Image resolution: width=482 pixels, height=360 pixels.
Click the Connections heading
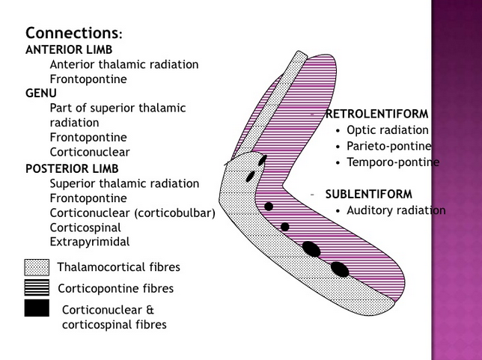73,34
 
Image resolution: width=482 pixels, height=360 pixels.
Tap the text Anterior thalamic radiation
124,64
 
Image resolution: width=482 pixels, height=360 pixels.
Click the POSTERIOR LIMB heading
72,168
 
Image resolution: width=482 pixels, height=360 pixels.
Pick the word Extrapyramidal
90,241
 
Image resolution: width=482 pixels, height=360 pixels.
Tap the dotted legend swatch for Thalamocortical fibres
37,267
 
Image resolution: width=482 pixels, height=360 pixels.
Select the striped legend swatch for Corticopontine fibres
37,287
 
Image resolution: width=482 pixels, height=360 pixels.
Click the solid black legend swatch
37,308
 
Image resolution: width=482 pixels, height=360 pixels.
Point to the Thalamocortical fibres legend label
118,267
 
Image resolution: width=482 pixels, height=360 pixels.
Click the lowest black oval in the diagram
340,268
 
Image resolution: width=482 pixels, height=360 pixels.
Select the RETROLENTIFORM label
376,115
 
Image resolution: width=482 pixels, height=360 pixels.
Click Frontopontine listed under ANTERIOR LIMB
88,79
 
